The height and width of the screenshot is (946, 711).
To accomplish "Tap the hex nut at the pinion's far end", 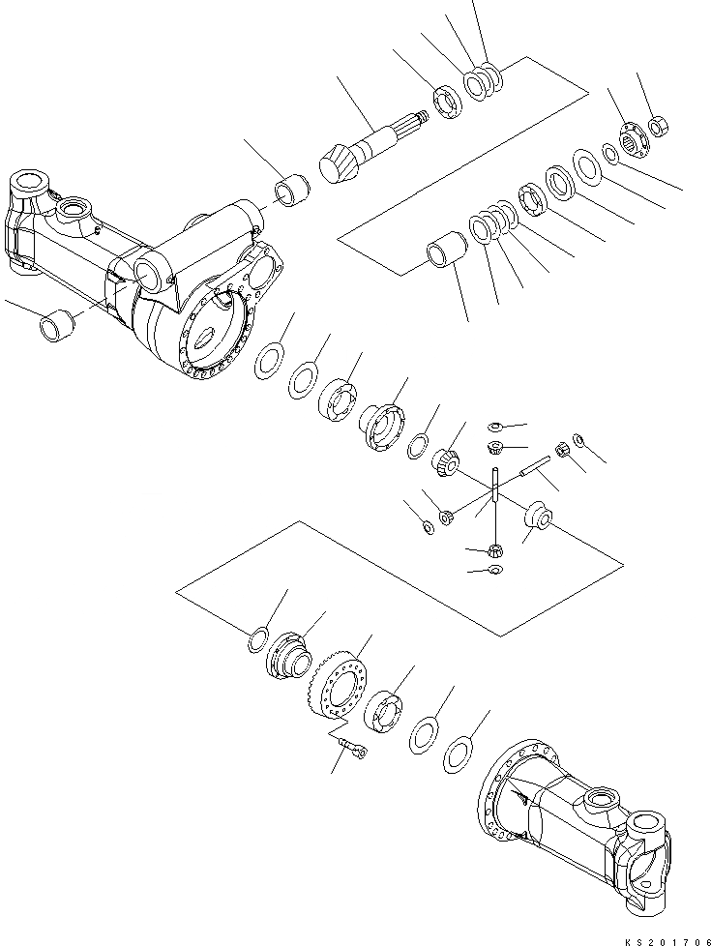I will point(660,126).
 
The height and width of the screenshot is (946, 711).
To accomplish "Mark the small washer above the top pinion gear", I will point(494,427).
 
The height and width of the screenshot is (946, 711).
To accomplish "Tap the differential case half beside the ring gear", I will point(287,657).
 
